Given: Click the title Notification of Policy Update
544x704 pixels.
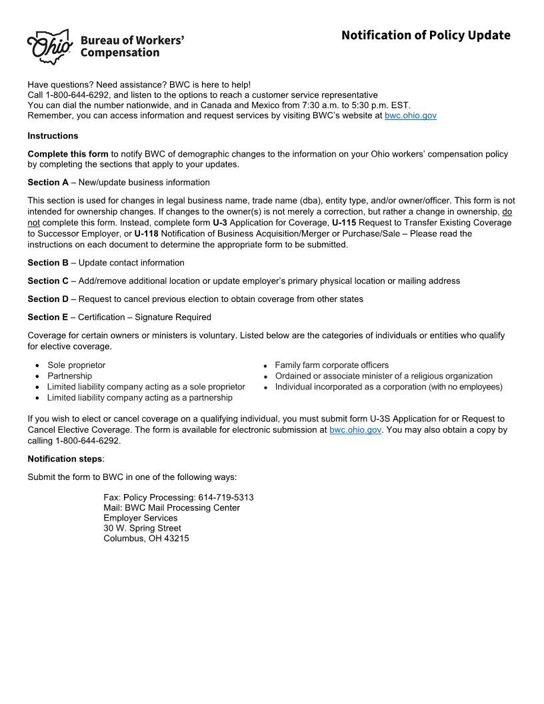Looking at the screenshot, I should [x=425, y=35].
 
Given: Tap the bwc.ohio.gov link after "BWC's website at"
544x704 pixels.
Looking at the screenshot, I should [x=410, y=115].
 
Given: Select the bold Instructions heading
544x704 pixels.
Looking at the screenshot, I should [x=53, y=136].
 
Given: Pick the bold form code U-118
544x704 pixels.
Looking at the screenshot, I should [x=146, y=233].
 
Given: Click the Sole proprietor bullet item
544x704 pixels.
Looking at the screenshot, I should [x=76, y=365].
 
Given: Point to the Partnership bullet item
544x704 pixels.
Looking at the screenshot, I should [x=69, y=376].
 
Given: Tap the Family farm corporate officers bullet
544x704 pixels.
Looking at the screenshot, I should [x=331, y=365].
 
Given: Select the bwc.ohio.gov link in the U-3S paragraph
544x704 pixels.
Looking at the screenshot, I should [x=355, y=430].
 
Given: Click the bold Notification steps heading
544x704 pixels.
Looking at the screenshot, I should [x=65, y=459].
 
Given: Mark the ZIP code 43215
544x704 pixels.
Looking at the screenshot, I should [x=176, y=538].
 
